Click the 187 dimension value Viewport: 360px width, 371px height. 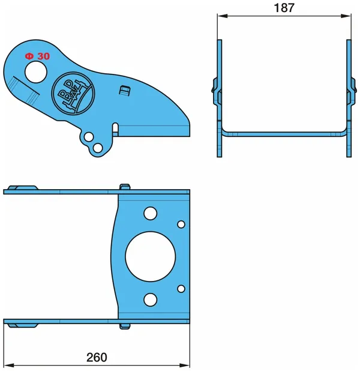pyautogui.click(x=284, y=8)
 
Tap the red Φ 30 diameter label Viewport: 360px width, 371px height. pyautogui.click(x=37, y=56)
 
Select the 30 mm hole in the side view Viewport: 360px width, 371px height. pyautogui.click(x=36, y=71)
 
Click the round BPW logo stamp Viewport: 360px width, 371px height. pyautogui.click(x=73, y=92)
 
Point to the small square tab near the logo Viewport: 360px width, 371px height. pyautogui.click(x=124, y=91)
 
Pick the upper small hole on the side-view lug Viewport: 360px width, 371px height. pyautogui.click(x=89, y=137)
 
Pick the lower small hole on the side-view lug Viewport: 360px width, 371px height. pyautogui.click(x=97, y=148)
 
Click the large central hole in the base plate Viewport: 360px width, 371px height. pyautogui.click(x=151, y=256)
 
